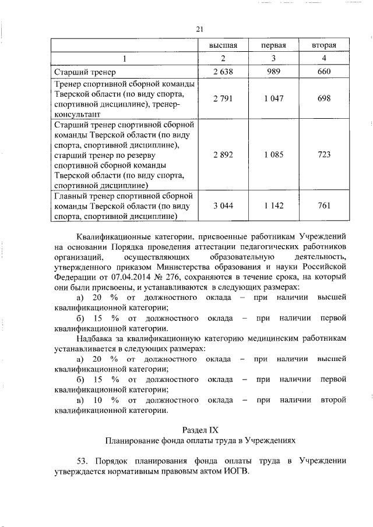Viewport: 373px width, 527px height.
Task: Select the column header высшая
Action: click(223, 45)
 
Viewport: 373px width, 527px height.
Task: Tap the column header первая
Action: click(273, 45)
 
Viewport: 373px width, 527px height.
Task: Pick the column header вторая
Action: click(324, 45)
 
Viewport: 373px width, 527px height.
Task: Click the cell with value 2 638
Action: click(223, 72)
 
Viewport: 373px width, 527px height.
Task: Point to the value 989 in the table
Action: click(273, 72)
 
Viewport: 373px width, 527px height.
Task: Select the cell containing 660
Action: click(324, 72)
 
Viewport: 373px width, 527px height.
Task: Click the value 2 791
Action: click(223, 98)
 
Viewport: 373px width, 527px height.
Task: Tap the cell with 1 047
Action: click(273, 98)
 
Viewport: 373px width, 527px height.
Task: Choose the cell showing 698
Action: click(324, 98)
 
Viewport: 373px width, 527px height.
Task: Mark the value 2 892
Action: click(223, 154)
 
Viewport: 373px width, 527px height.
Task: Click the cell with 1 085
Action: click(273, 154)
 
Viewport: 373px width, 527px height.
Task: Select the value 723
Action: click(324, 154)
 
